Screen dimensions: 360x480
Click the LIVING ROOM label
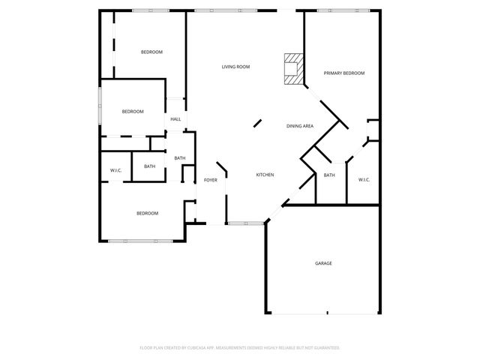(235, 67)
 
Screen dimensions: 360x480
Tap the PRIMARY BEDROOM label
(344, 73)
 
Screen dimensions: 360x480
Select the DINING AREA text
(300, 126)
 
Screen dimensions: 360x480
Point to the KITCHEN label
(265, 175)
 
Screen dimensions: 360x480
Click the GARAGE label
(323, 263)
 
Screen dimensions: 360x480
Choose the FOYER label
(211, 180)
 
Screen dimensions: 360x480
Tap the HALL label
(175, 119)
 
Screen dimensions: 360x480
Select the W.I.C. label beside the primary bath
(364, 179)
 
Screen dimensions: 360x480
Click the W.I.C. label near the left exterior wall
(116, 170)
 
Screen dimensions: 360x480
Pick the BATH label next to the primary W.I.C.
(329, 175)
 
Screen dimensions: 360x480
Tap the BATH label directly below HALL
(180, 157)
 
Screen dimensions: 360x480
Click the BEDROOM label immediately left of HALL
(133, 112)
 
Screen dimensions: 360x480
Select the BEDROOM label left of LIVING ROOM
(152, 52)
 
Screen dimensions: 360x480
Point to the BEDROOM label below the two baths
(147, 213)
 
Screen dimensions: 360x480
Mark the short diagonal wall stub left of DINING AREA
(257, 123)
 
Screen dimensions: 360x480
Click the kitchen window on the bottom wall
(245, 223)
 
